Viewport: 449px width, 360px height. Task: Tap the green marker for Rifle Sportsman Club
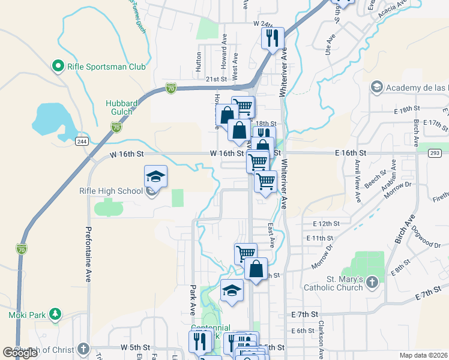58,67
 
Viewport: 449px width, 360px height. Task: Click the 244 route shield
82,142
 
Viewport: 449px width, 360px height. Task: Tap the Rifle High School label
111,191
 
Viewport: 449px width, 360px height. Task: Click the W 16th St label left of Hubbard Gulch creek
127,154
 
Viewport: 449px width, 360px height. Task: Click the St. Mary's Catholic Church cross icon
372,282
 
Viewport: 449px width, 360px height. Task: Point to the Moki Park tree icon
55,314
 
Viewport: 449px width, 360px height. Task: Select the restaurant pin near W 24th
273,38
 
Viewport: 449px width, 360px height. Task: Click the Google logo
20,353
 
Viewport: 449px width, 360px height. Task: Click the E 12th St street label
327,223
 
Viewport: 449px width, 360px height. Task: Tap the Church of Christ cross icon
83,349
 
